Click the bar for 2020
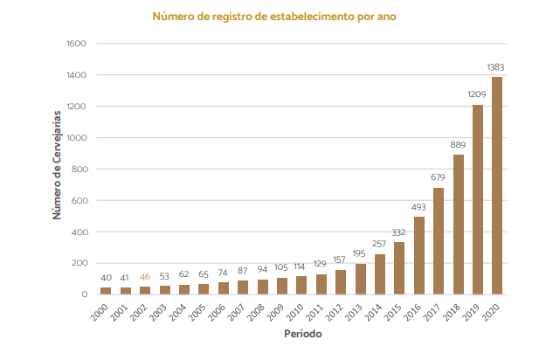pyautogui.click(x=497, y=185)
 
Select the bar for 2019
pyautogui.click(x=478, y=199)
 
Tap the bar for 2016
pyautogui.click(x=419, y=255)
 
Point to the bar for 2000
pyautogui.click(x=106, y=291)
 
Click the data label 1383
pyautogui.click(x=496, y=67)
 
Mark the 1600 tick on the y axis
pyautogui.click(x=76, y=44)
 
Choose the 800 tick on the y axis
pyautogui.click(x=79, y=170)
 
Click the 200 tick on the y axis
pyautogui.click(x=79, y=263)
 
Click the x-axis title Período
pyautogui.click(x=301, y=334)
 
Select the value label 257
pyautogui.click(x=380, y=243)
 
